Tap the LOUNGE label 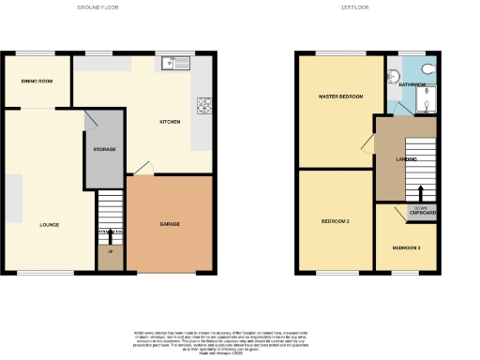(x=50, y=225)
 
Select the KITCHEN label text (x=170, y=121)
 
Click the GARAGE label (x=170, y=224)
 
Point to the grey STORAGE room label (x=104, y=149)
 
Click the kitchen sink (x=175, y=64)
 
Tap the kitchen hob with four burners (x=202, y=105)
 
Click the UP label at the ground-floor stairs (x=110, y=252)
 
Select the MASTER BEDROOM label (x=340, y=97)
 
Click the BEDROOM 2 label (x=335, y=221)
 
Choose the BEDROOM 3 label (x=406, y=247)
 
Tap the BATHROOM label (x=412, y=85)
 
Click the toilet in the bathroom (x=427, y=67)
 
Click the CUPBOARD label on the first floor (x=422, y=213)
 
